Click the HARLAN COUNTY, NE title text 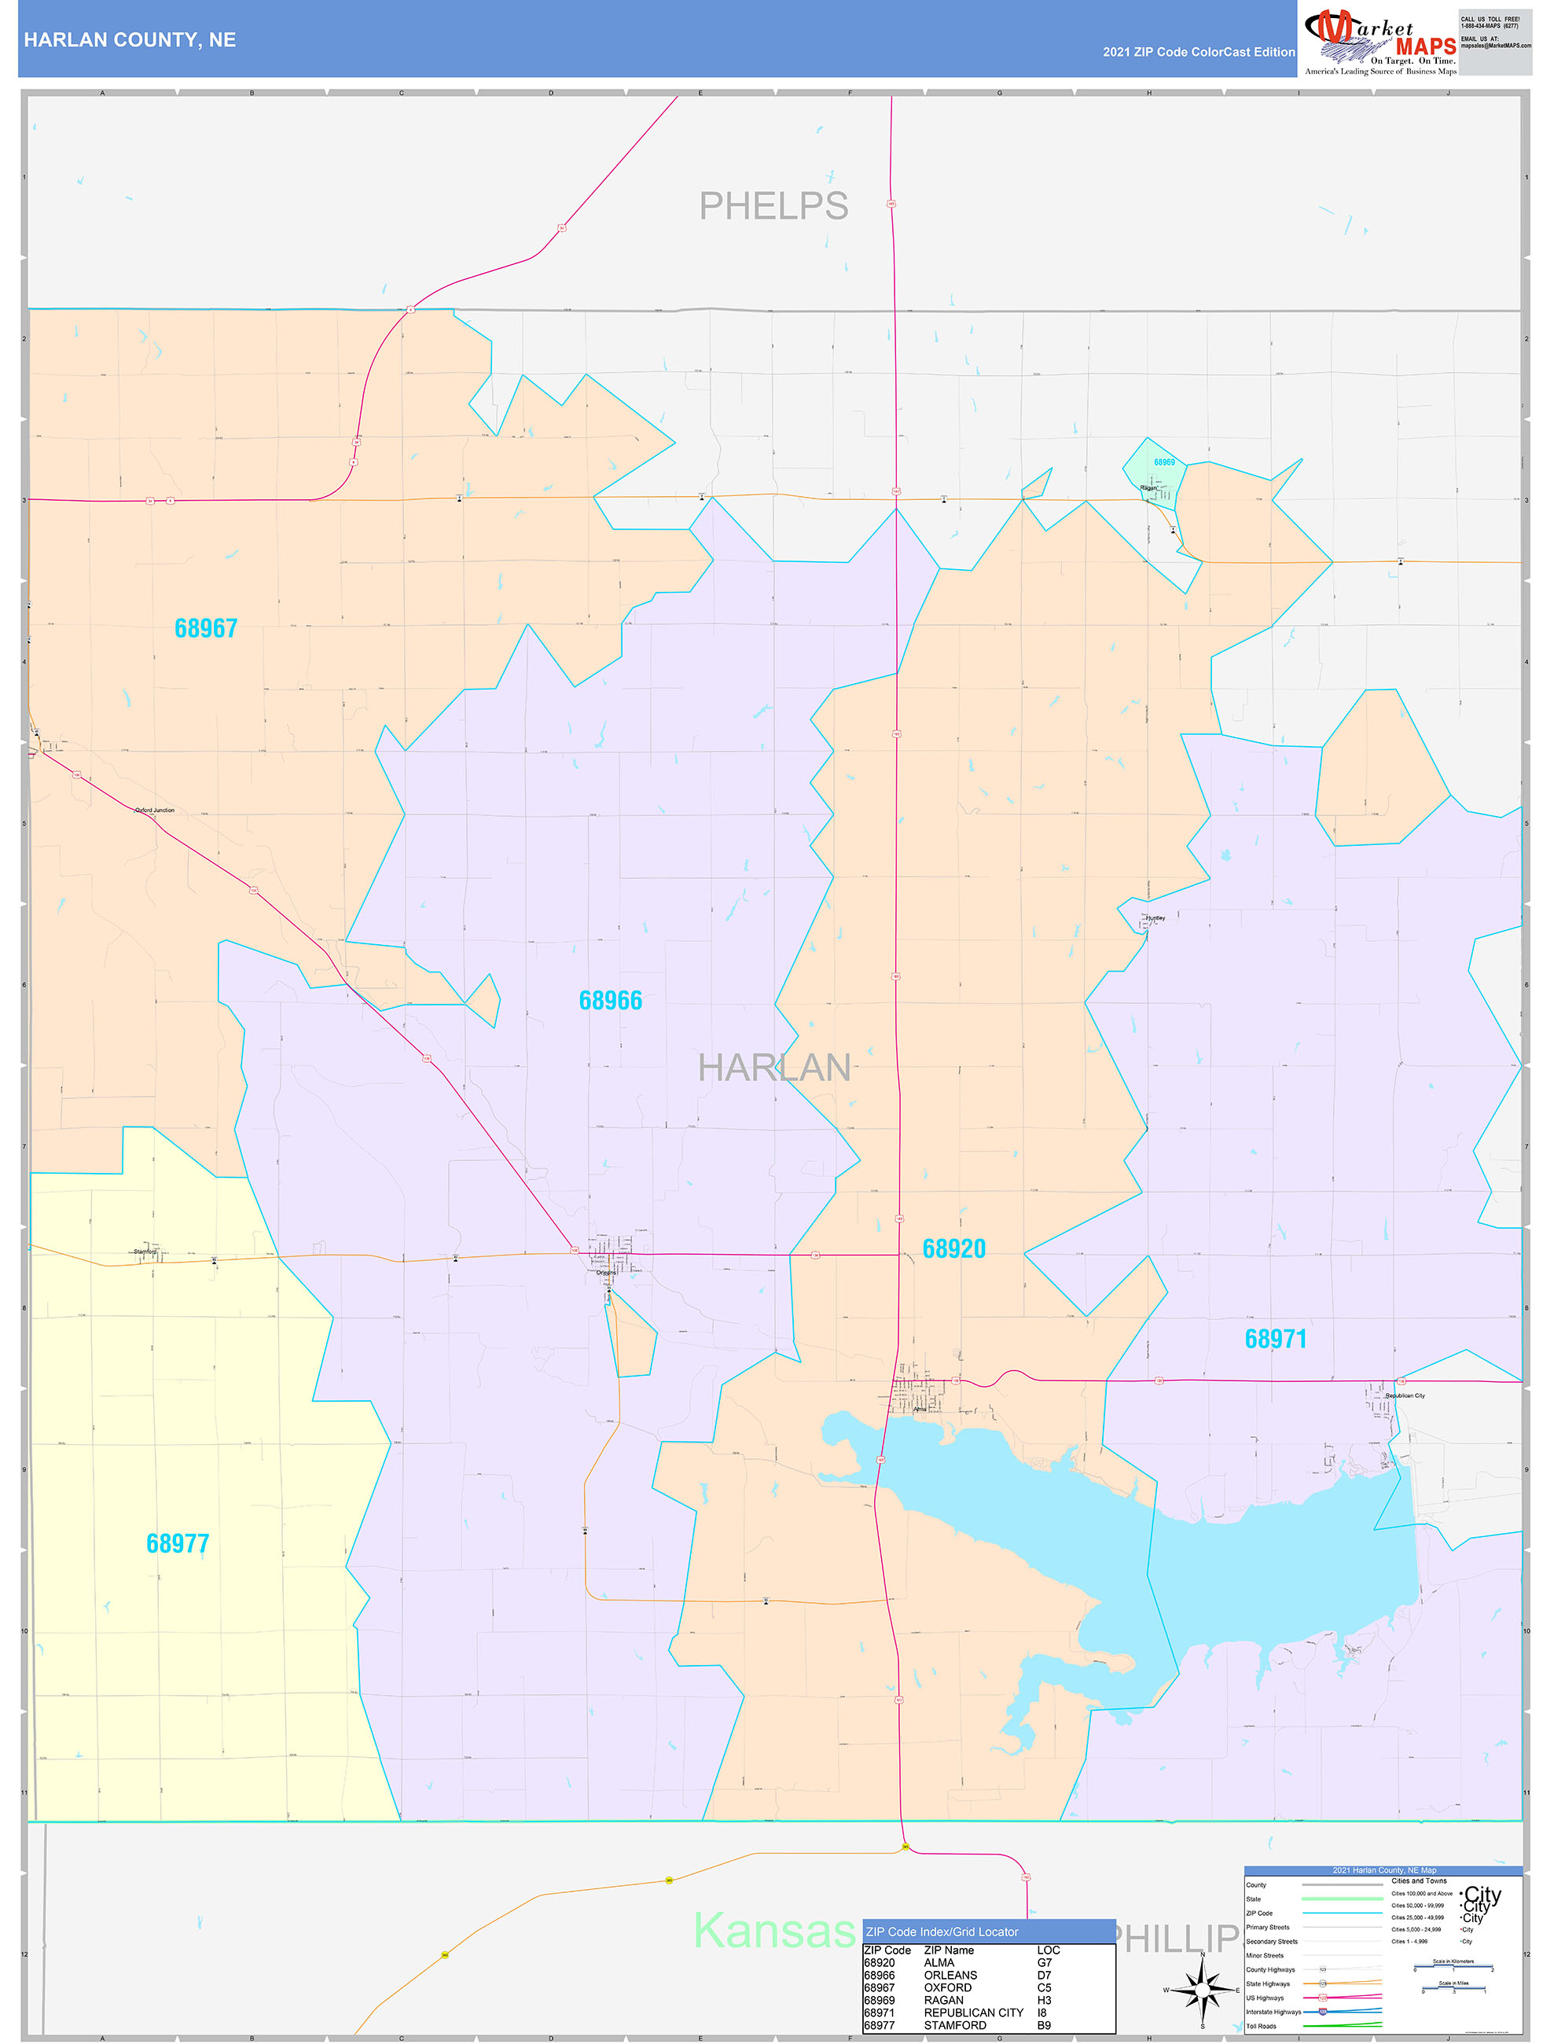(x=130, y=40)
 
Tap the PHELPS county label (x=773, y=206)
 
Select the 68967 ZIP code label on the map (x=206, y=628)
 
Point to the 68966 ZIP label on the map (x=610, y=1001)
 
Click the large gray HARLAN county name (x=773, y=1068)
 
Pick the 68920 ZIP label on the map (x=953, y=1249)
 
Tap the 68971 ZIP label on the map (x=1275, y=1339)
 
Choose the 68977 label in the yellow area (x=178, y=1544)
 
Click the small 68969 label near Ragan (x=1164, y=462)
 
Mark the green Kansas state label (x=774, y=1929)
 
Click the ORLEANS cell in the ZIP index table (x=950, y=1975)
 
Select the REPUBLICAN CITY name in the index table (x=973, y=2012)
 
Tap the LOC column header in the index (x=1048, y=1950)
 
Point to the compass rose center (x=1202, y=1991)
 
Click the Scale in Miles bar (x=1453, y=1987)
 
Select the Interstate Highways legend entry (x=1273, y=2012)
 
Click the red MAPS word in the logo (x=1426, y=47)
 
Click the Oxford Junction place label (x=154, y=811)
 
